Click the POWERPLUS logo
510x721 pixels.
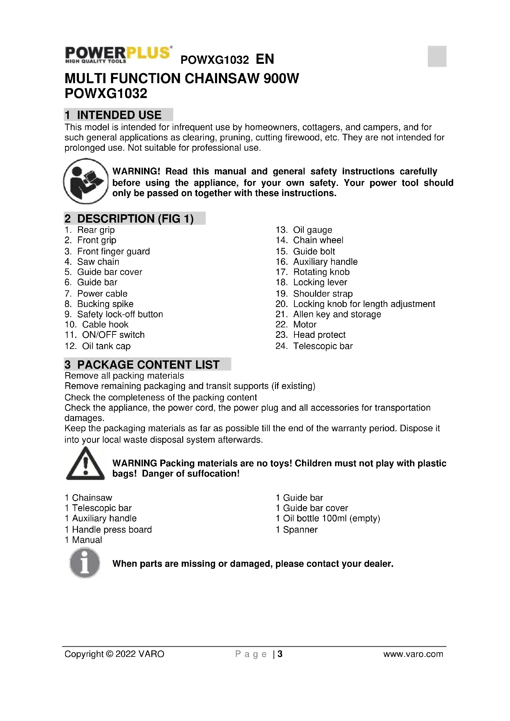pos(118,54)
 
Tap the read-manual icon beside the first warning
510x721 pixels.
pos(86,181)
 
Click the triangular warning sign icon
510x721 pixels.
pos(85,464)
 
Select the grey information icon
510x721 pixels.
pos(85,563)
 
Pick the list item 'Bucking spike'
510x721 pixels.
pos(105,304)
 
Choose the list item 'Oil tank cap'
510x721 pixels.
pos(106,346)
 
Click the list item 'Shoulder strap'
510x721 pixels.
pos(323,294)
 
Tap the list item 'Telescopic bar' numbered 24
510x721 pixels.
pos(323,346)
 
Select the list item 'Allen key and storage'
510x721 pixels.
pos(337,314)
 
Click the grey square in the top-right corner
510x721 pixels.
pos(437,56)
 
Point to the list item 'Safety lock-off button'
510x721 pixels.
pos(120,314)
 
